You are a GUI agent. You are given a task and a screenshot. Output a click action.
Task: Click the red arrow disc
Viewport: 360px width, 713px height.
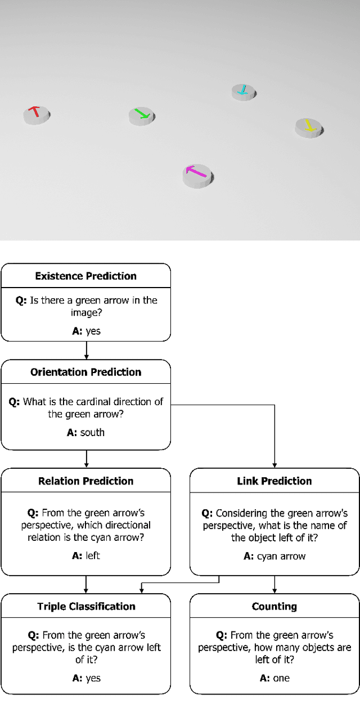point(37,114)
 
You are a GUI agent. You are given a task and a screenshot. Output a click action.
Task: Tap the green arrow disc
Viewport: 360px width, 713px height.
point(141,116)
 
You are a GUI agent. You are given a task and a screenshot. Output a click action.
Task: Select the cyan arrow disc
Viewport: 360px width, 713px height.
point(244,92)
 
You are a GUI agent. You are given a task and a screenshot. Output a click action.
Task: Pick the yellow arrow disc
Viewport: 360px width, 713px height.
point(309,127)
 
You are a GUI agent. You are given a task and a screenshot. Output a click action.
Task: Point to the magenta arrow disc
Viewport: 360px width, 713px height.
point(197,175)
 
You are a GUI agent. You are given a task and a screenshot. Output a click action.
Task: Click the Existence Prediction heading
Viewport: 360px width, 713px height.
point(85,276)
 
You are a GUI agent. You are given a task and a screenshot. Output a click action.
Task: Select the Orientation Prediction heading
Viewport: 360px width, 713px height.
point(85,372)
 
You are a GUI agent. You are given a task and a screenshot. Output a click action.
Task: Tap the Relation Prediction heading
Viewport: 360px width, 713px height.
point(85,481)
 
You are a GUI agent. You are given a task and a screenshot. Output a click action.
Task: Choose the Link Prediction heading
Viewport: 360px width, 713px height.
point(274,481)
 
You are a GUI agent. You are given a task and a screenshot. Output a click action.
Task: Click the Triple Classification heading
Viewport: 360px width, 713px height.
point(86,606)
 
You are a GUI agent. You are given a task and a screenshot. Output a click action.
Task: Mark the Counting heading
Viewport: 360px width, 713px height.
point(274,606)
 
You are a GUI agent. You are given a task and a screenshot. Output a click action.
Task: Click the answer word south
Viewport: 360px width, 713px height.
point(92,432)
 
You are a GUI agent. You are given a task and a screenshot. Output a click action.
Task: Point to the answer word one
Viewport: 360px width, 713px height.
point(281,678)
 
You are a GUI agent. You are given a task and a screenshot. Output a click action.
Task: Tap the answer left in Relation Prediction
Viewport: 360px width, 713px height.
point(93,555)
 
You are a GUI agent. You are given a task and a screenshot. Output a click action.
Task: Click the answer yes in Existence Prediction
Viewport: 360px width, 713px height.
point(93,331)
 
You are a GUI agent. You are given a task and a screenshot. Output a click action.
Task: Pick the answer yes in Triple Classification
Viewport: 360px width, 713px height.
point(93,678)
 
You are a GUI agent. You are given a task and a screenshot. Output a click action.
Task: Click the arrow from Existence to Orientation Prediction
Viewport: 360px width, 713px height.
point(86,350)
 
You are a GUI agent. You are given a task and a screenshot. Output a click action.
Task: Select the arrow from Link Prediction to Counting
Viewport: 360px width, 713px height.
point(274,584)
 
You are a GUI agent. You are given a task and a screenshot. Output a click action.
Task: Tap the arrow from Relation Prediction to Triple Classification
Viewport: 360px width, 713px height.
point(86,584)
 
